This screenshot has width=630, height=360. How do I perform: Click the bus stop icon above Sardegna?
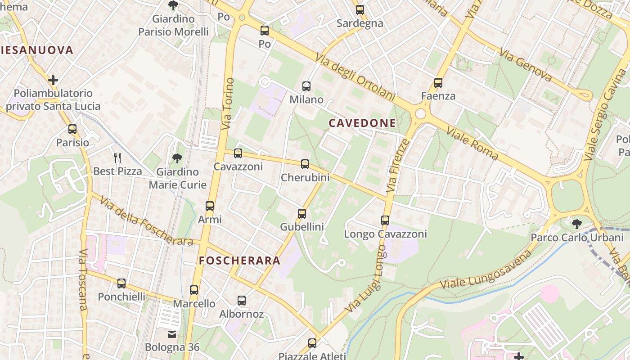pos(360,9)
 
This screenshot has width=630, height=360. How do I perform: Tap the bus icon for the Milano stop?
pos(306,86)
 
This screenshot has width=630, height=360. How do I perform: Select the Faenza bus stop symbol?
pos(438,83)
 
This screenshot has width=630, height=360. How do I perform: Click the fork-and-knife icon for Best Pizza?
pos(117,157)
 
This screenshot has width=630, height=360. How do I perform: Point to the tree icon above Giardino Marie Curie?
pos(177,158)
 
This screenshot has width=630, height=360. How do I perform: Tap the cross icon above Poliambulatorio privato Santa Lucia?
pos(53,80)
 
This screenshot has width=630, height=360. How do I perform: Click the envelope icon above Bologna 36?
pos(172,334)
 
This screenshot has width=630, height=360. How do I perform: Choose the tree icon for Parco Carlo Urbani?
pos(576,224)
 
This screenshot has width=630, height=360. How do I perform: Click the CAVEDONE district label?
pos(362,123)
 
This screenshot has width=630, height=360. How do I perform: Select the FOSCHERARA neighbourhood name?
pos(240,261)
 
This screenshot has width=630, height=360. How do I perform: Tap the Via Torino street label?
pos(228,104)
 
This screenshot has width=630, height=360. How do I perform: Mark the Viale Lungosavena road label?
pos(486,270)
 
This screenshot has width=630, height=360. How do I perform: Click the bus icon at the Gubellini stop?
pos(302,213)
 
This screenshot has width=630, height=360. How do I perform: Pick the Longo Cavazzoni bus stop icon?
pos(385,220)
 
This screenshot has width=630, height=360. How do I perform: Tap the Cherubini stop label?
pos(305,178)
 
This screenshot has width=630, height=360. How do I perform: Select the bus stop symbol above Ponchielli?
pos(121,283)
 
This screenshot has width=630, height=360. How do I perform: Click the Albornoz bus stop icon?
pos(242,301)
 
